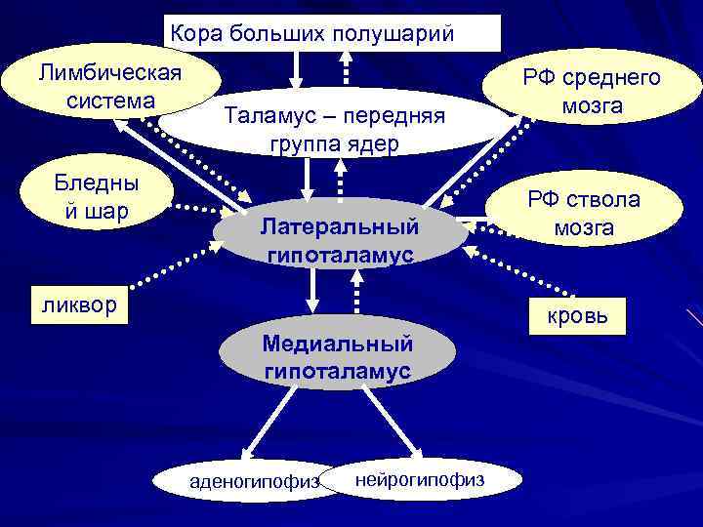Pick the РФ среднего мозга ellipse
point(592,91)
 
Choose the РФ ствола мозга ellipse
point(584,214)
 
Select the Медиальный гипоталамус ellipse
point(337,357)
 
